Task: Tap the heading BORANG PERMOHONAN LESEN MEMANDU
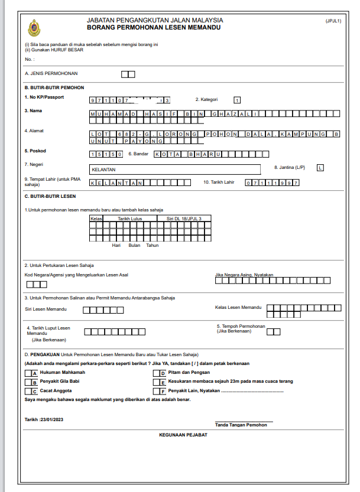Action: (154, 28)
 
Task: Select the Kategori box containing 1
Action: (237, 100)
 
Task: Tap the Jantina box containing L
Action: (320, 168)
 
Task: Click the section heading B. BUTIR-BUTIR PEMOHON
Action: (54, 87)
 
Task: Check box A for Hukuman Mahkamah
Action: (28, 373)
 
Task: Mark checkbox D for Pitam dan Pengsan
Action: (157, 373)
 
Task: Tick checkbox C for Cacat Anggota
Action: (28, 391)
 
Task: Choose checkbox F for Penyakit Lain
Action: (157, 391)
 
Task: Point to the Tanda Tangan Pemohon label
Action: (241, 425)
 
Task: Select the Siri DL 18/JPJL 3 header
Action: (184, 218)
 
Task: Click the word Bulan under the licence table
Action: (135, 245)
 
